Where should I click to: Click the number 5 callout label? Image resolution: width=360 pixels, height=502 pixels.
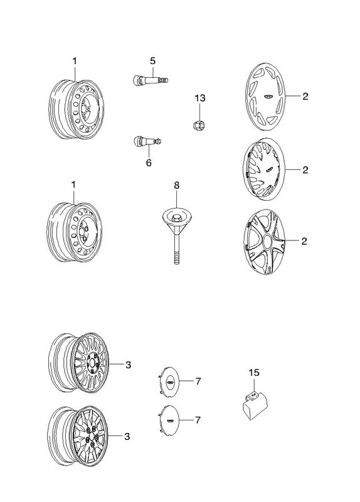pyautogui.click(x=152, y=60)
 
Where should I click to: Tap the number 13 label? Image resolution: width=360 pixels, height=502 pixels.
pyautogui.click(x=200, y=98)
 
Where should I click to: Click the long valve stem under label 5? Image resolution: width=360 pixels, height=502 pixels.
pyautogui.click(x=150, y=80)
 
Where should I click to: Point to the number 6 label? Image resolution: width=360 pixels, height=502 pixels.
pyautogui.click(x=149, y=163)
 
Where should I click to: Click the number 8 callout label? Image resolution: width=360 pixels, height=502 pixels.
pyautogui.click(x=177, y=185)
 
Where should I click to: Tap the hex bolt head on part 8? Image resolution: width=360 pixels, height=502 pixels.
pyautogui.click(x=176, y=218)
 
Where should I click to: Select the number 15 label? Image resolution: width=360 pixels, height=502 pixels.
pyautogui.click(x=254, y=372)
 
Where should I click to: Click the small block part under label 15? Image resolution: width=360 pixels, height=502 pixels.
pyautogui.click(x=255, y=405)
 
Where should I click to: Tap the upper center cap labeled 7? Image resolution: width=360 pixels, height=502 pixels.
pyautogui.click(x=169, y=382)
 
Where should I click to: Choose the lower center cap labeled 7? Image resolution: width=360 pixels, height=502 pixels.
pyautogui.click(x=169, y=420)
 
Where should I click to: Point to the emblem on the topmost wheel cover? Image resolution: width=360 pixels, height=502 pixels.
pyautogui.click(x=267, y=97)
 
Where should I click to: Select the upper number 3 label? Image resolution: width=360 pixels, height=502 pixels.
pyautogui.click(x=129, y=365)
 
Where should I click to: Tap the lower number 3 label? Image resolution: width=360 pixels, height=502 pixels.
pyautogui.click(x=127, y=436)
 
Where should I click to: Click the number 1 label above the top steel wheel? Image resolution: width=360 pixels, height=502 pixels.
pyautogui.click(x=75, y=61)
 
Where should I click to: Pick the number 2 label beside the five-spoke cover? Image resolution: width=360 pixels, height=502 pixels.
pyautogui.click(x=304, y=241)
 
